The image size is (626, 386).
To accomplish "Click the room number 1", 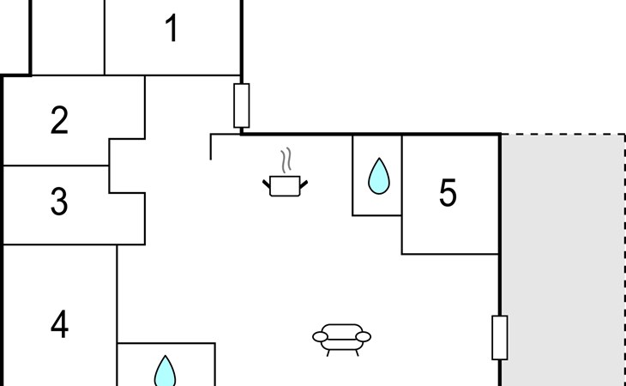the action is point(172,27).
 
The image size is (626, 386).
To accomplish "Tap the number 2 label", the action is point(59,120).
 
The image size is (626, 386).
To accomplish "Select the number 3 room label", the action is point(59,202).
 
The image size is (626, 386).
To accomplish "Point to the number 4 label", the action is point(59,325).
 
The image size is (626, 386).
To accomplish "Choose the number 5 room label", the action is point(448,192).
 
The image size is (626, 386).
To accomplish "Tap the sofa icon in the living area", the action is point(341,340).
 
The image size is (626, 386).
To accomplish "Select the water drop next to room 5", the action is point(378,176).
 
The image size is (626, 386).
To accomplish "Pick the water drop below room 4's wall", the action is point(165,371).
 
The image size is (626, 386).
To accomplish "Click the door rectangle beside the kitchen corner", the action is point(242,106).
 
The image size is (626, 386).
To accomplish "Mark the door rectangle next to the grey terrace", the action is point(500,338).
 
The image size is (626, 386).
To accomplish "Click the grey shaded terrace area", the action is point(563,260).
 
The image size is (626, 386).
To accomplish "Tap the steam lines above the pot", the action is point(286,160).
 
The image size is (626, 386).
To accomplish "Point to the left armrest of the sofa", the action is point(320,337).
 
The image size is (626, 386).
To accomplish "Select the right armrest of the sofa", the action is point(364,337).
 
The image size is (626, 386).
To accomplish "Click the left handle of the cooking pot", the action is point(267,184).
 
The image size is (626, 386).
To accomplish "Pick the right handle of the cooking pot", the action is point(304,184).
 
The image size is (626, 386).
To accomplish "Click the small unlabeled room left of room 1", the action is point(68,37).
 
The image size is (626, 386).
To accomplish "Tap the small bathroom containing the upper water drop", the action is point(376,176).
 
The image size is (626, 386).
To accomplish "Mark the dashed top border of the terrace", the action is point(563,134).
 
